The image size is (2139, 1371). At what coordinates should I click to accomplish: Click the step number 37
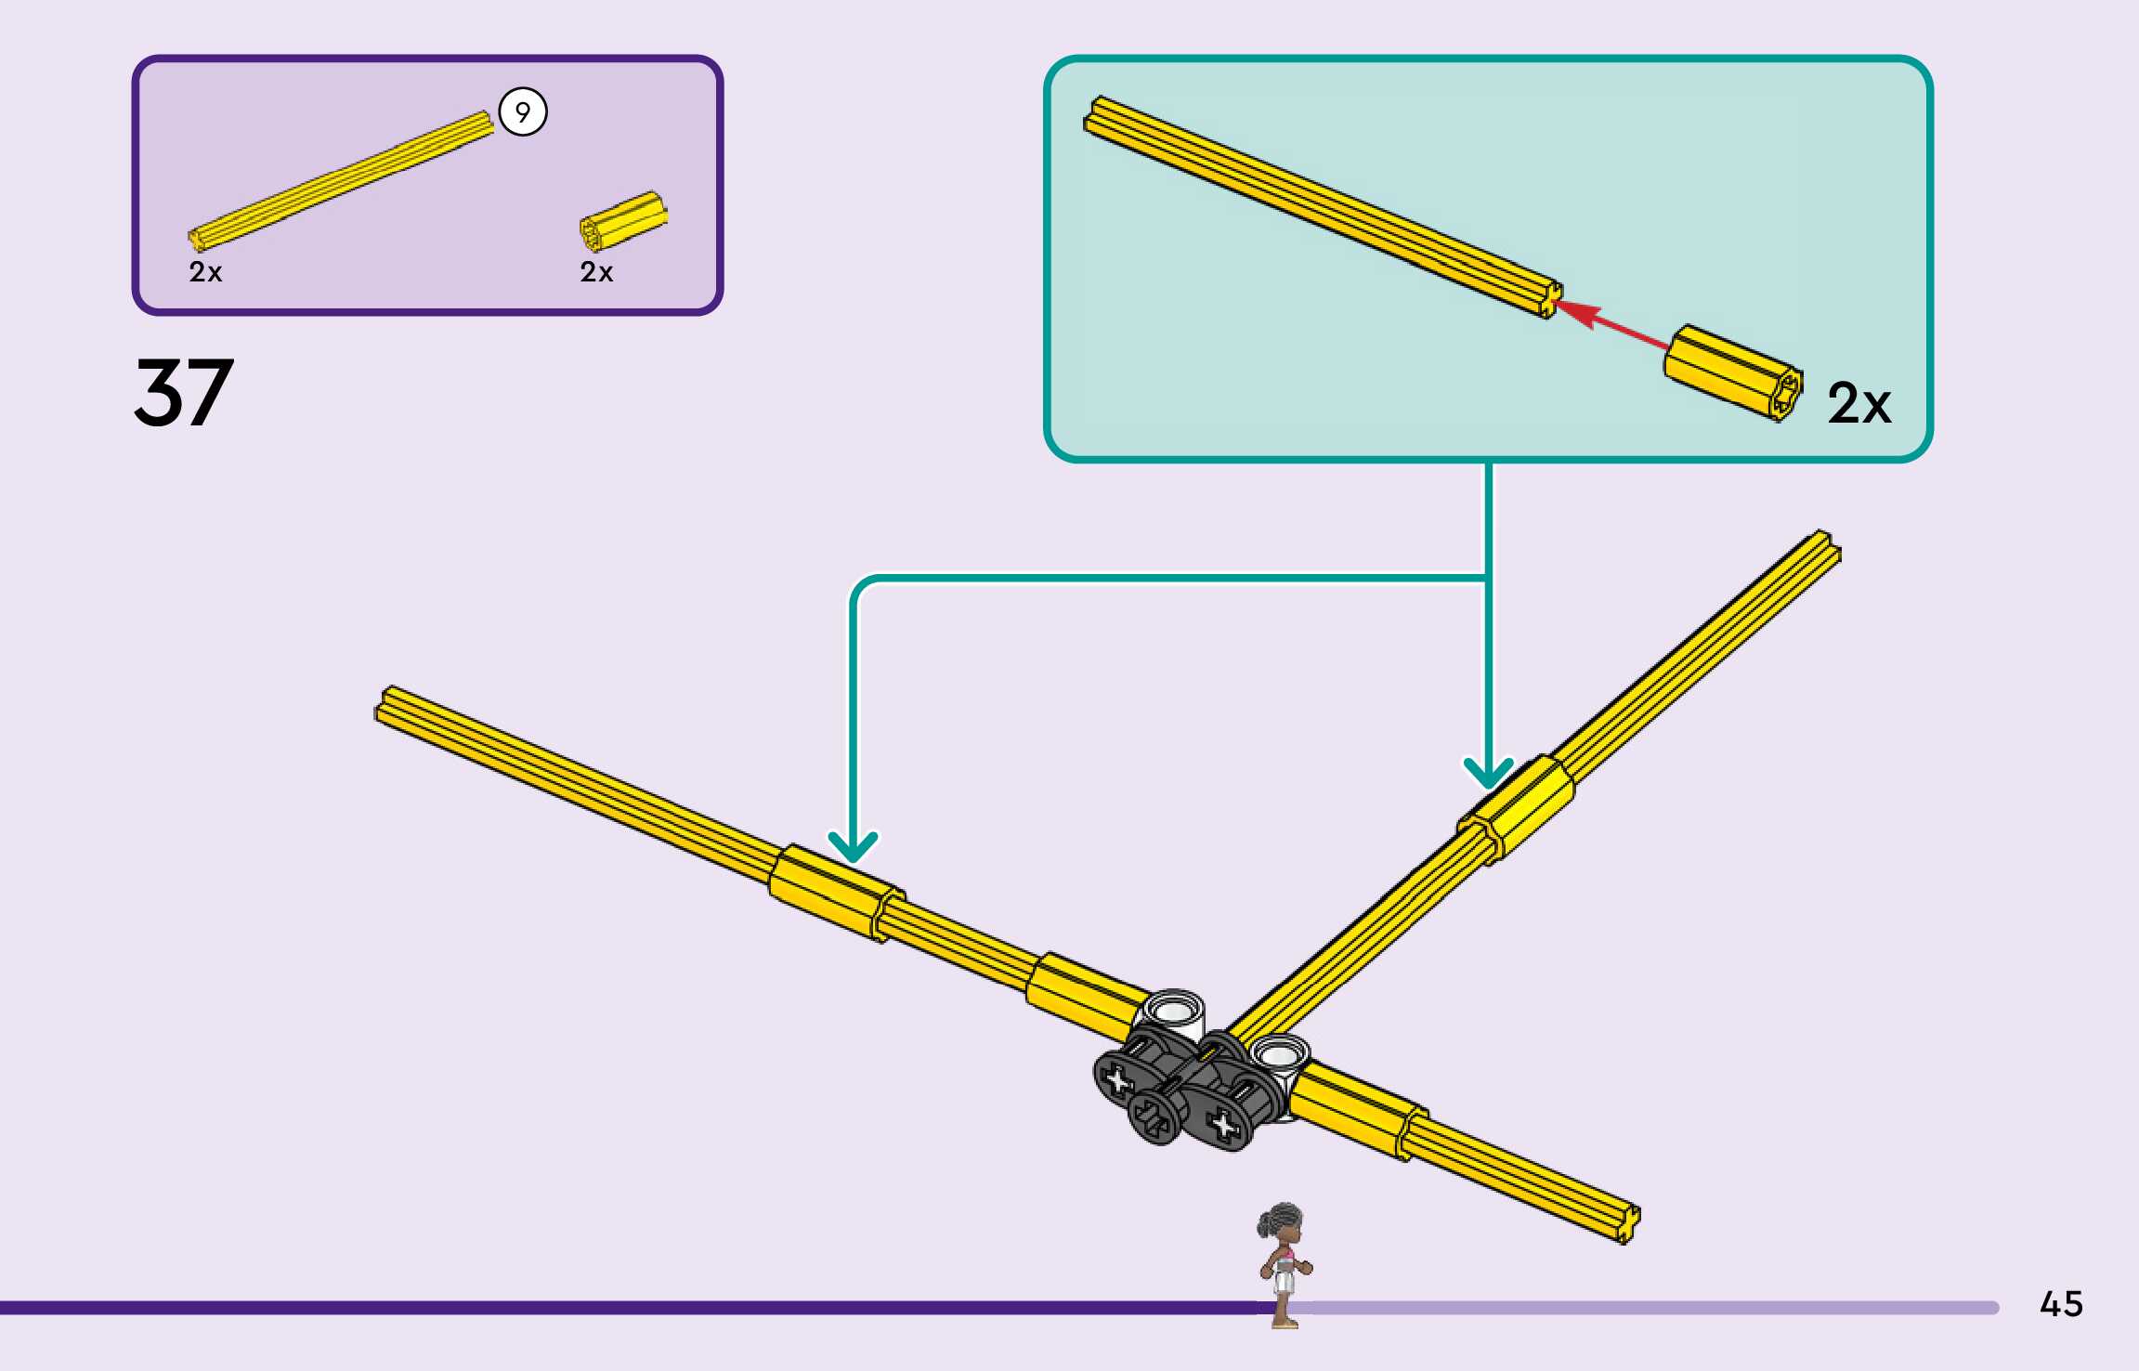(x=184, y=394)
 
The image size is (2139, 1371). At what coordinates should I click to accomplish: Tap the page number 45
(x=2061, y=1304)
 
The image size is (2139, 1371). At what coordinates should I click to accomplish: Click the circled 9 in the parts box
(x=523, y=112)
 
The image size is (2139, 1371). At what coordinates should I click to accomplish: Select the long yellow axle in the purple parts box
(x=341, y=180)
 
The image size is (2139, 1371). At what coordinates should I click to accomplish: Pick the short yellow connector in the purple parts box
(x=623, y=222)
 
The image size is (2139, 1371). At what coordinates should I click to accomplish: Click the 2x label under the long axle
(x=205, y=272)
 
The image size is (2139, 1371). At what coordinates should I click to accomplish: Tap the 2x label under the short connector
(x=596, y=272)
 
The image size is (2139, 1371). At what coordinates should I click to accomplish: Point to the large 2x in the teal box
(x=1859, y=403)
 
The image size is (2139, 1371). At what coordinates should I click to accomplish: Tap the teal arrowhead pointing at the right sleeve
(x=1488, y=773)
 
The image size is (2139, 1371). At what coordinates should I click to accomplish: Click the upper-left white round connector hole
(x=1174, y=1010)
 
